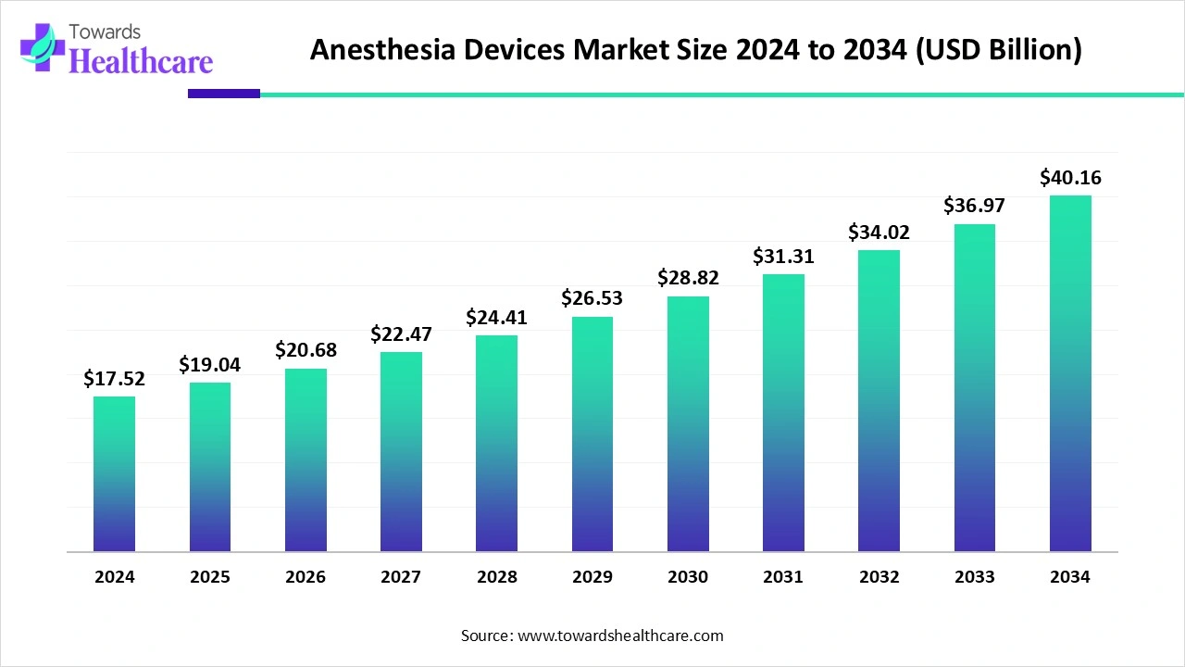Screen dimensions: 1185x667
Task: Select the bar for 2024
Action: (x=114, y=473)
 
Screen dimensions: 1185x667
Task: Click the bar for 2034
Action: (x=1070, y=373)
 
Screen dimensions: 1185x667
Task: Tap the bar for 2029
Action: (x=592, y=434)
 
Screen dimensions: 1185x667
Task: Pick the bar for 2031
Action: (x=783, y=413)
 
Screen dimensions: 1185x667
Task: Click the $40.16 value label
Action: (x=1070, y=177)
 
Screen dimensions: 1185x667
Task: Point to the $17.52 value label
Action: (x=114, y=379)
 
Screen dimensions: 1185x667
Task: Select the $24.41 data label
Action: (x=496, y=317)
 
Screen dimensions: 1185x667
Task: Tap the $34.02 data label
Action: (x=879, y=232)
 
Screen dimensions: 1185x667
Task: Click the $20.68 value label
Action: (x=306, y=350)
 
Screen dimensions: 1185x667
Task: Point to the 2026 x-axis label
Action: (x=306, y=576)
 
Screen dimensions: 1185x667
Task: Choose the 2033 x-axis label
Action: (x=975, y=576)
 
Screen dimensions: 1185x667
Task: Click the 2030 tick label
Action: (x=688, y=576)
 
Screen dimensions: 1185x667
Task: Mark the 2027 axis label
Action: (x=401, y=576)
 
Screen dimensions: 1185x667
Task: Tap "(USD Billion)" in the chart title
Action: (x=999, y=50)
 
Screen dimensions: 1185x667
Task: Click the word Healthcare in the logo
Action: (x=142, y=61)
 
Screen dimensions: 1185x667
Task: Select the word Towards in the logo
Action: (x=105, y=32)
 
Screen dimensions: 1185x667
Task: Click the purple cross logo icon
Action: (x=43, y=47)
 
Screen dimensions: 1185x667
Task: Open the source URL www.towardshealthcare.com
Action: (x=620, y=636)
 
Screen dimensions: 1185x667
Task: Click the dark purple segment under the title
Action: (x=224, y=94)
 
